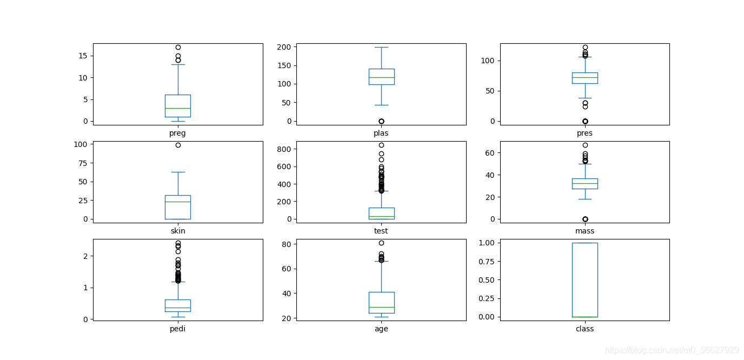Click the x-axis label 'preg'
click(x=177, y=134)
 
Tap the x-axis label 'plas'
click(x=381, y=133)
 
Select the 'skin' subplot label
click(x=178, y=231)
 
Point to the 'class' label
click(x=584, y=329)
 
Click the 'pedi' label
click(x=177, y=329)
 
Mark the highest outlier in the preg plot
click(x=178, y=47)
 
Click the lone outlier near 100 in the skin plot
click(x=178, y=145)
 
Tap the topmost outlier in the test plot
click(x=381, y=145)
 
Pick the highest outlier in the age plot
click(x=381, y=243)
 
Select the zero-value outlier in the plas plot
click(x=381, y=121)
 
